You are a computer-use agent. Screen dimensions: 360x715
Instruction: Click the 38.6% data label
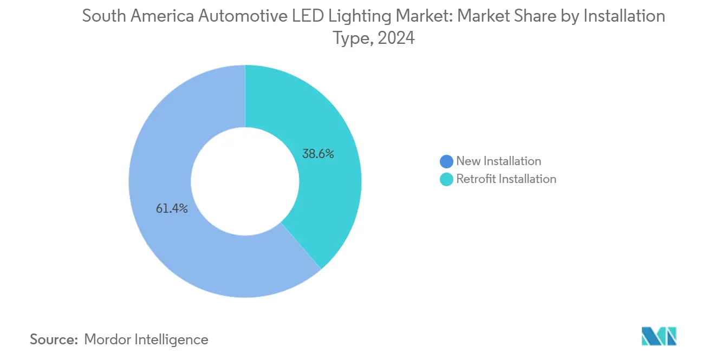317,154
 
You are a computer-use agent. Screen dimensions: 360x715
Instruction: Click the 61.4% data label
172,208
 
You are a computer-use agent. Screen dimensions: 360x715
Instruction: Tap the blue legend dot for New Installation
446,161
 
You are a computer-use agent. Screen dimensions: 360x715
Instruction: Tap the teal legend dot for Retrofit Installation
446,179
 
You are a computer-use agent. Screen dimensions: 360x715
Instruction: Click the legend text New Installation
498,161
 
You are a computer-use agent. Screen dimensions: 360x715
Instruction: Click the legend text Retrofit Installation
506,179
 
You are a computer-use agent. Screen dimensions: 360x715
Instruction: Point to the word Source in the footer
53,339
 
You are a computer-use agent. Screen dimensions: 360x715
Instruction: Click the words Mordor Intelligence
146,339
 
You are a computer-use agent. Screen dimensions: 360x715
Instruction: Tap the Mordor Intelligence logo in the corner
659,336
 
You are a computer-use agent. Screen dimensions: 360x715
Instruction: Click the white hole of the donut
245,181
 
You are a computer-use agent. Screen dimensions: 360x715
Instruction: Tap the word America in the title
162,16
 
